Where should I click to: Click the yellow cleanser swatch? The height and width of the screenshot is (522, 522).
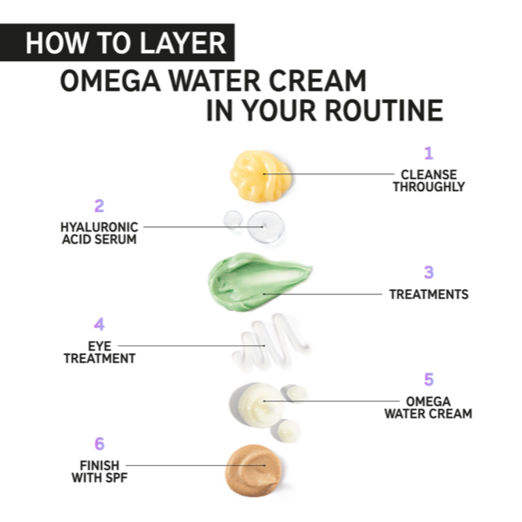click(x=260, y=175)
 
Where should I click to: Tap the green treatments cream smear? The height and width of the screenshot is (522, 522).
click(x=258, y=282)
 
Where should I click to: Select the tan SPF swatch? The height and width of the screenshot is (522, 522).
click(x=254, y=470)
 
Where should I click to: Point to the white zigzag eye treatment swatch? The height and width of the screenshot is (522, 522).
click(x=270, y=343)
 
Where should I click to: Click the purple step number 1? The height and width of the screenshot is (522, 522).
click(x=429, y=153)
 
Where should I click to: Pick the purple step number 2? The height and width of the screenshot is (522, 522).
click(x=100, y=206)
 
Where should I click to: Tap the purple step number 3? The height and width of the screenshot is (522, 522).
click(x=429, y=272)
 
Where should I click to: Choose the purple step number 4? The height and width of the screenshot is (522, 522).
click(x=100, y=324)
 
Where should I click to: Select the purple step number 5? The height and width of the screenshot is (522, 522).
click(x=429, y=380)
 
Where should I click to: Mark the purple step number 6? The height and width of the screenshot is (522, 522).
click(x=100, y=444)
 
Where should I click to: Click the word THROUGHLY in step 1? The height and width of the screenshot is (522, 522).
click(x=429, y=187)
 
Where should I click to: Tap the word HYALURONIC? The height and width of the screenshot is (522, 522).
click(x=100, y=227)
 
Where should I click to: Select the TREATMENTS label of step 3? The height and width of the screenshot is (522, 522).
click(x=429, y=295)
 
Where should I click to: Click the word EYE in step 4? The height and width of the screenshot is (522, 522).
click(x=100, y=347)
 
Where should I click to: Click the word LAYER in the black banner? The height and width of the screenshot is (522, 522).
click(x=182, y=43)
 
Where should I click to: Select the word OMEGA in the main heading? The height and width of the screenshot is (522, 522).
click(x=111, y=80)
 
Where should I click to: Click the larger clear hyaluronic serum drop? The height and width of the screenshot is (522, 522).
click(x=265, y=226)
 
